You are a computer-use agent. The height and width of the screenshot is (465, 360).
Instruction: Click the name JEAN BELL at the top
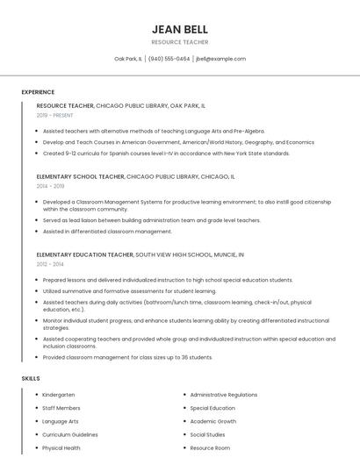[x=179, y=29]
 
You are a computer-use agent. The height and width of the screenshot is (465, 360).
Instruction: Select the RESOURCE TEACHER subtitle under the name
[x=179, y=41]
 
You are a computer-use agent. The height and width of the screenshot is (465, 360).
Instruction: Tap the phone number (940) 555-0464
[x=169, y=59]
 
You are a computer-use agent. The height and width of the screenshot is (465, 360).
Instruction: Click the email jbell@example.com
[x=220, y=59]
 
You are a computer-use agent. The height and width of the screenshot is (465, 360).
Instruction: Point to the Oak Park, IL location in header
[x=127, y=59]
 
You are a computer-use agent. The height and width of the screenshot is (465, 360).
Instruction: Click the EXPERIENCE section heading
[x=38, y=92]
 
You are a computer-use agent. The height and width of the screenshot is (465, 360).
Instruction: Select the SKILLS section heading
[x=31, y=378]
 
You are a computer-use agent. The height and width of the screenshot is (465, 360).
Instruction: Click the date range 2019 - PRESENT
[x=55, y=115]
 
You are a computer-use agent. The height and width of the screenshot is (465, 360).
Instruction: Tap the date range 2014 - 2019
[x=50, y=186]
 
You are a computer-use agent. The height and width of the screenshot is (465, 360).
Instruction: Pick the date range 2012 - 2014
[x=50, y=264]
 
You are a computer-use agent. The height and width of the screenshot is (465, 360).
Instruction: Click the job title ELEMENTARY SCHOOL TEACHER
[x=81, y=176]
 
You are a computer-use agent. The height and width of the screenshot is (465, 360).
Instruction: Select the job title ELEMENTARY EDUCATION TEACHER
[x=84, y=254]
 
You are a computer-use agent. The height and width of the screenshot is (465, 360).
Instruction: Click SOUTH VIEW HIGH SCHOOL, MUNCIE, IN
[x=190, y=254]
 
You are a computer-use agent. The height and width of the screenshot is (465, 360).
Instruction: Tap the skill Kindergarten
[x=58, y=395]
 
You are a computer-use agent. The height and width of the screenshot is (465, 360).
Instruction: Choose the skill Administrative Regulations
[x=224, y=395]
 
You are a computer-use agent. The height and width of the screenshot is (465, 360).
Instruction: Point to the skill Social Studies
[x=207, y=434]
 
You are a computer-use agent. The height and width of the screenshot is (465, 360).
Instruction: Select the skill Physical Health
[x=61, y=447]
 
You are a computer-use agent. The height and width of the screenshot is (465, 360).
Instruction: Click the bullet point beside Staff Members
[x=37, y=408]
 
